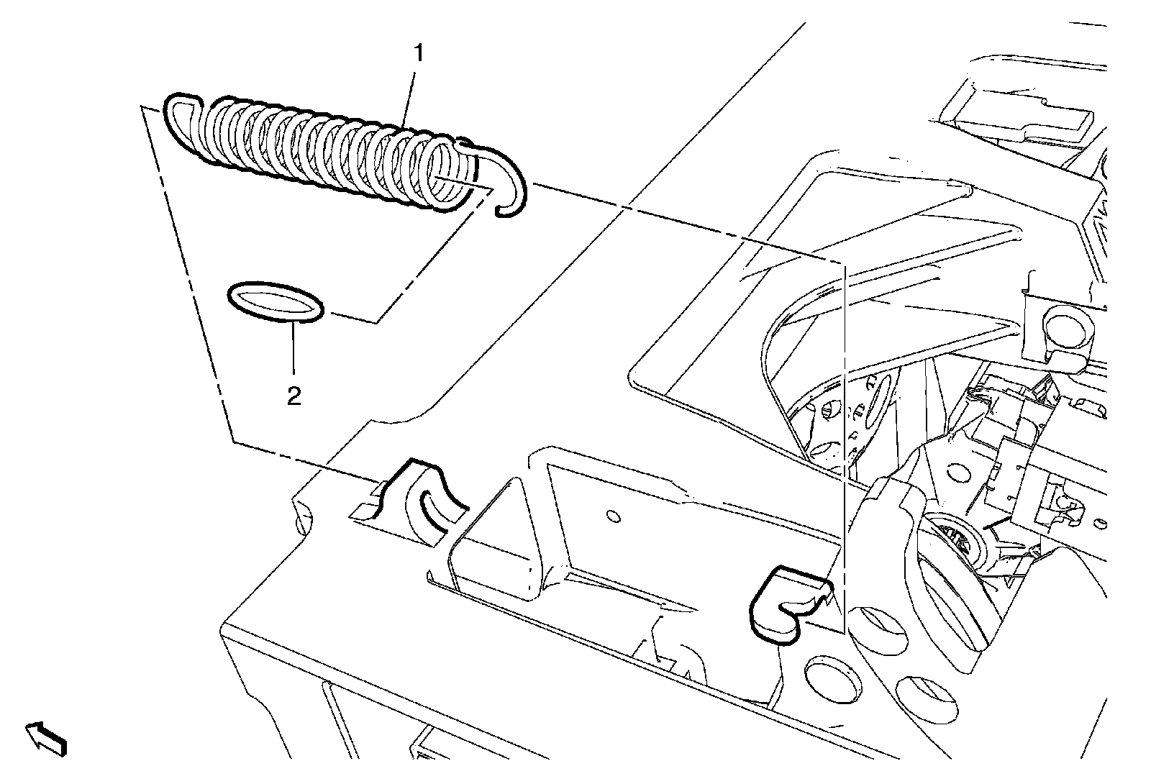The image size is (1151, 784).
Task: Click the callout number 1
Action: (x=418, y=54)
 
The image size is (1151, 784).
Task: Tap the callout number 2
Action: (x=294, y=396)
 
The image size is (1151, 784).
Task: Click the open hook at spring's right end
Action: (x=509, y=183)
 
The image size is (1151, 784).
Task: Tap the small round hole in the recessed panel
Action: (x=613, y=516)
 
